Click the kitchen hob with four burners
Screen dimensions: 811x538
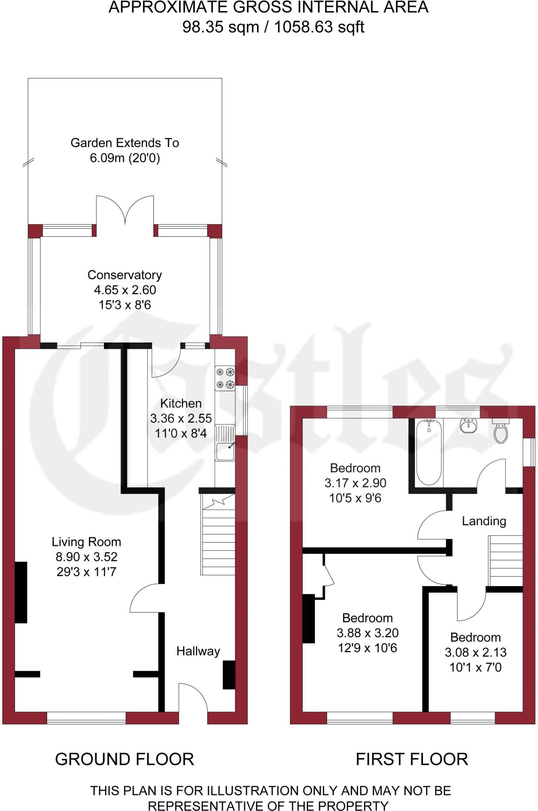[x=225, y=378]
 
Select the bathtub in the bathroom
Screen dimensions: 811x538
[x=429, y=452]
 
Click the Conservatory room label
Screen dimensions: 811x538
[x=124, y=275]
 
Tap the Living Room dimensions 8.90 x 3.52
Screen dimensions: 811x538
[x=86, y=557]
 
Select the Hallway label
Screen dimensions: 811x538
[x=198, y=651]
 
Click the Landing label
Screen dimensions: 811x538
[x=484, y=521]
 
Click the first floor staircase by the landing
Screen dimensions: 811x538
[x=505, y=560]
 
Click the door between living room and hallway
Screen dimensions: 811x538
[x=146, y=598]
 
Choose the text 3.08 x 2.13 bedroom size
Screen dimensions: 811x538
[x=475, y=652]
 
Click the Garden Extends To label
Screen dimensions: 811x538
[x=124, y=143]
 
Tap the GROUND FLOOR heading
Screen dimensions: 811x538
[x=124, y=759]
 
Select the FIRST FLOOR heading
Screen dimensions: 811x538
[x=412, y=759]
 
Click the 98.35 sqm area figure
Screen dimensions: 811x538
[x=220, y=27]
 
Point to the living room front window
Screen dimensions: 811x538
[x=86, y=718]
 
